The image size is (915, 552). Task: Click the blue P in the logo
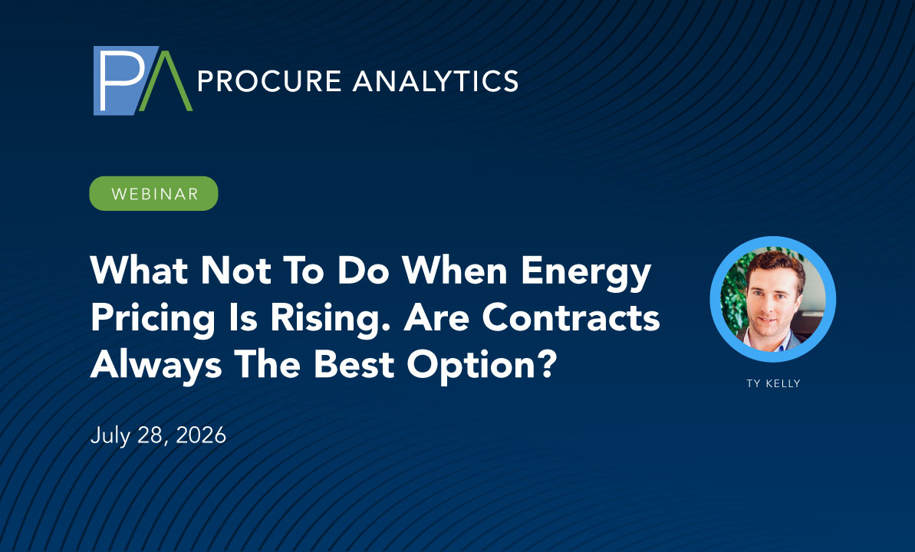point(123,80)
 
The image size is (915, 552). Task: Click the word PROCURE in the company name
point(270,81)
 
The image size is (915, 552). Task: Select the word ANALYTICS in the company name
point(436,81)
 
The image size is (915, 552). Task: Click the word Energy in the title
point(585,273)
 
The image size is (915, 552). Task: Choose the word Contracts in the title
point(571,318)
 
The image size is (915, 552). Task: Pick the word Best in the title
point(354,365)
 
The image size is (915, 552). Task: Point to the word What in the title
point(140,271)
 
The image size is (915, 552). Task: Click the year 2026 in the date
point(201,435)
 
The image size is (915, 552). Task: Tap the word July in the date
point(110,436)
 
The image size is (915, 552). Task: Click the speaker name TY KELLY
point(773,383)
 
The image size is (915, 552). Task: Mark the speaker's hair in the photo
point(775,266)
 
